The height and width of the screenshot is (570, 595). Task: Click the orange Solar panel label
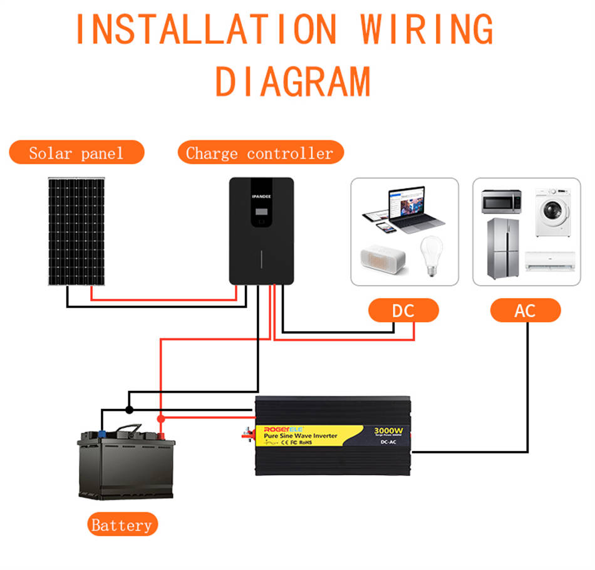pyautogui.click(x=76, y=152)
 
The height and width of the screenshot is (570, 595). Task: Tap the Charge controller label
pyautogui.click(x=260, y=153)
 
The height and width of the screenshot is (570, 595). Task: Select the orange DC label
pyautogui.click(x=403, y=311)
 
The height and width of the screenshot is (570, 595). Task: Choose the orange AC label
pyautogui.click(x=525, y=311)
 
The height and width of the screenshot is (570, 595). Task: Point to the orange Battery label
pyautogui.click(x=122, y=525)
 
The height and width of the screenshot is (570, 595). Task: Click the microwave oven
pyautogui.click(x=501, y=201)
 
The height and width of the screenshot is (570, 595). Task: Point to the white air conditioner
pyautogui.click(x=549, y=260)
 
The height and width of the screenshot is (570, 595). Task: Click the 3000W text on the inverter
pyautogui.click(x=388, y=431)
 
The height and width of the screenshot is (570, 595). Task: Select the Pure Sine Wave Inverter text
pyautogui.click(x=301, y=435)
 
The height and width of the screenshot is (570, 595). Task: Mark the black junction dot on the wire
pyautogui.click(x=129, y=410)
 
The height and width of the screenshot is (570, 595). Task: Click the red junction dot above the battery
pyautogui.click(x=160, y=418)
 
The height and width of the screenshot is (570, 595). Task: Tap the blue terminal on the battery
pyautogui.click(x=101, y=432)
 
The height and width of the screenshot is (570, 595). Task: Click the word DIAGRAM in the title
pyautogui.click(x=293, y=81)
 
